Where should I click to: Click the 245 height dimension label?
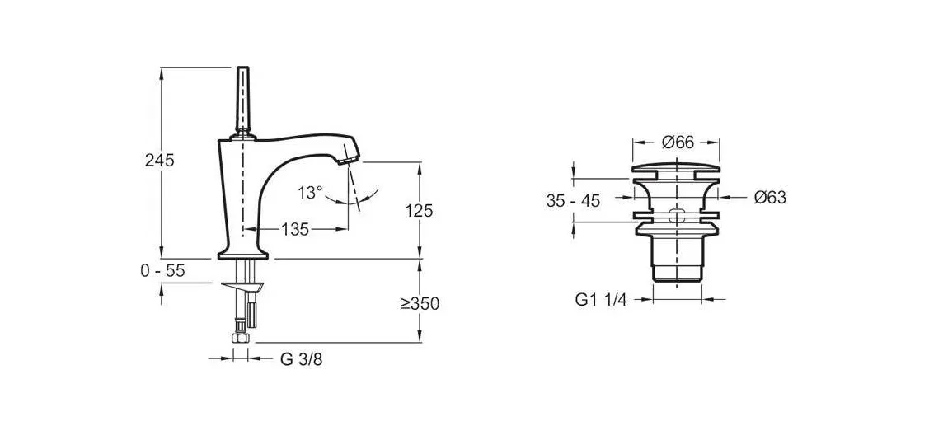[x=160, y=161]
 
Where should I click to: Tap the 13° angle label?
[x=310, y=192]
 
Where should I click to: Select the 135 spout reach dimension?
[x=294, y=230]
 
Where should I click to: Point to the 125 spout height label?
[x=419, y=211]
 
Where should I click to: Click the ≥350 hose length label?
[x=420, y=304]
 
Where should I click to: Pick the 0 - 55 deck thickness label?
[x=162, y=271]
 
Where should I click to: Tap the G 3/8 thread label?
[x=301, y=359]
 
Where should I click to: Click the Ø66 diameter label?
[x=678, y=143]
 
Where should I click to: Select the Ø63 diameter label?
[x=770, y=198]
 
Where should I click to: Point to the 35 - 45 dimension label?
[x=573, y=201]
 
